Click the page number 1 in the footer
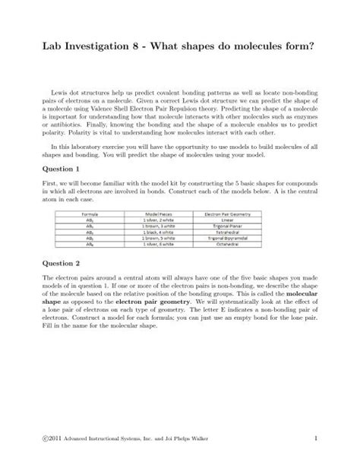313,440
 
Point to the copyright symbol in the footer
48,441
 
